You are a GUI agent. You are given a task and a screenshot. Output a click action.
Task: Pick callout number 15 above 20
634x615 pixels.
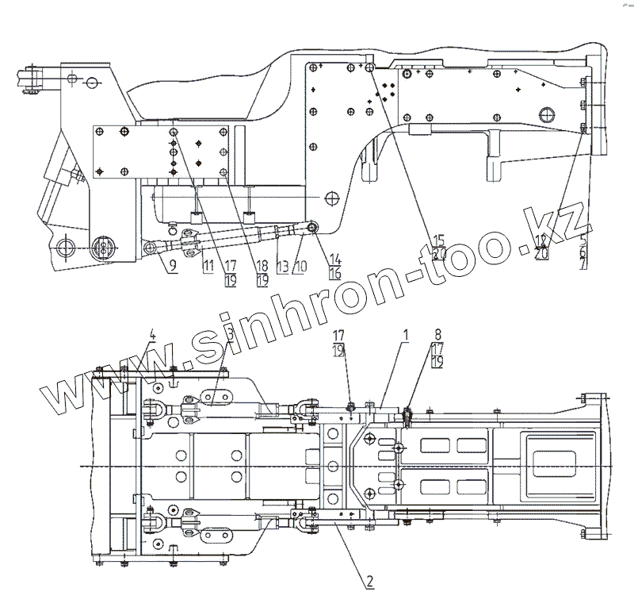coord(438,240)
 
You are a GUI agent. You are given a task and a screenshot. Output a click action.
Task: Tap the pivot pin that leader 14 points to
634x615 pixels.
coord(312,229)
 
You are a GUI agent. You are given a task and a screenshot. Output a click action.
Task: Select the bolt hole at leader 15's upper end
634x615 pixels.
coord(372,69)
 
